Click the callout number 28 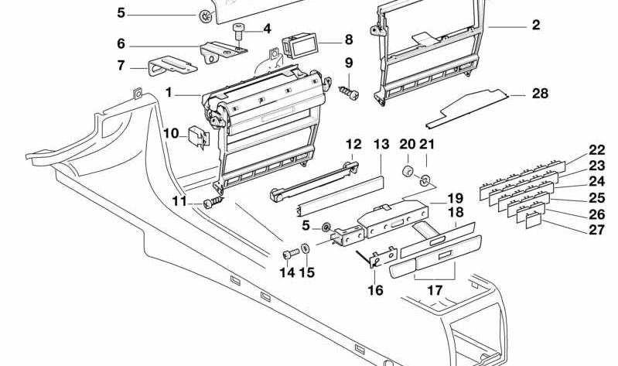[x=539, y=94]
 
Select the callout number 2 [x=535, y=26]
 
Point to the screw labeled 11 [x=214, y=204]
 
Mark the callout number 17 [x=435, y=291]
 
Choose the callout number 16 [x=375, y=291]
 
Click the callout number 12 [x=353, y=144]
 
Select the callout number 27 [x=596, y=229]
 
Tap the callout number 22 [x=596, y=150]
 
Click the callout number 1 [x=168, y=93]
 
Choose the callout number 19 [x=455, y=198]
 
